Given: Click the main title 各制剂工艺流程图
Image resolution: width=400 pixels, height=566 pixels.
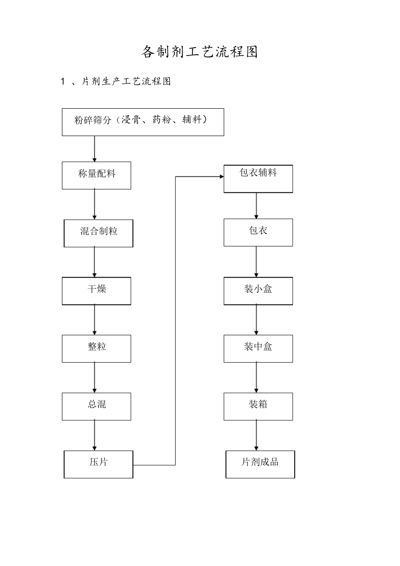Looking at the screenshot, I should (200, 52).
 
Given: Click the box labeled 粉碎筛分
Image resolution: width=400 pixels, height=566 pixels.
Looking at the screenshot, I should (143, 122).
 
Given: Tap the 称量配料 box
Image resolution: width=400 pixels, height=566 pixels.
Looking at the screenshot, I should (96, 175).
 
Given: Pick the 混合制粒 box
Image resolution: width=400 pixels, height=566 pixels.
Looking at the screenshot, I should (99, 233).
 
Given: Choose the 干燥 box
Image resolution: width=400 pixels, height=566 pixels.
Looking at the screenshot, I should (96, 291).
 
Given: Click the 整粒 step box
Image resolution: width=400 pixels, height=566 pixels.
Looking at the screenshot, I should (96, 348).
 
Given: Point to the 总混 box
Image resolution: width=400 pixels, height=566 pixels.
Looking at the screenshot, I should (96, 406).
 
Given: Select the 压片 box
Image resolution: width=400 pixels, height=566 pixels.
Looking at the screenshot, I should (99, 464).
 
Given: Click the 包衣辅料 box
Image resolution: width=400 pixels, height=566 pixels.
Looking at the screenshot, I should (258, 179).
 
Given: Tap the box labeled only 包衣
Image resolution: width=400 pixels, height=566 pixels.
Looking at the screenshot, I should (258, 232).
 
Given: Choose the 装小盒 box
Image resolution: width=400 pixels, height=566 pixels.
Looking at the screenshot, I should (258, 291).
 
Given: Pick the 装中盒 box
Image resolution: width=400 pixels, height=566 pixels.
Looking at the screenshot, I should (258, 348).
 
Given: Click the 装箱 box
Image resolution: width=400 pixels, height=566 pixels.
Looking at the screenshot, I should (258, 406).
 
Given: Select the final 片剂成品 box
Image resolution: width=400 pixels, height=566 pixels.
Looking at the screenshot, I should (260, 464).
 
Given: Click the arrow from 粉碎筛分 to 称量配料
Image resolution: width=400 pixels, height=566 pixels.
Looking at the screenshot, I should (94, 149).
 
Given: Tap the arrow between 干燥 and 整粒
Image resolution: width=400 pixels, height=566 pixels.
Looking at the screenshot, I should (94, 320).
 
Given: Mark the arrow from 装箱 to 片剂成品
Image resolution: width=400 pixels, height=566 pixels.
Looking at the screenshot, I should (256, 435).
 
